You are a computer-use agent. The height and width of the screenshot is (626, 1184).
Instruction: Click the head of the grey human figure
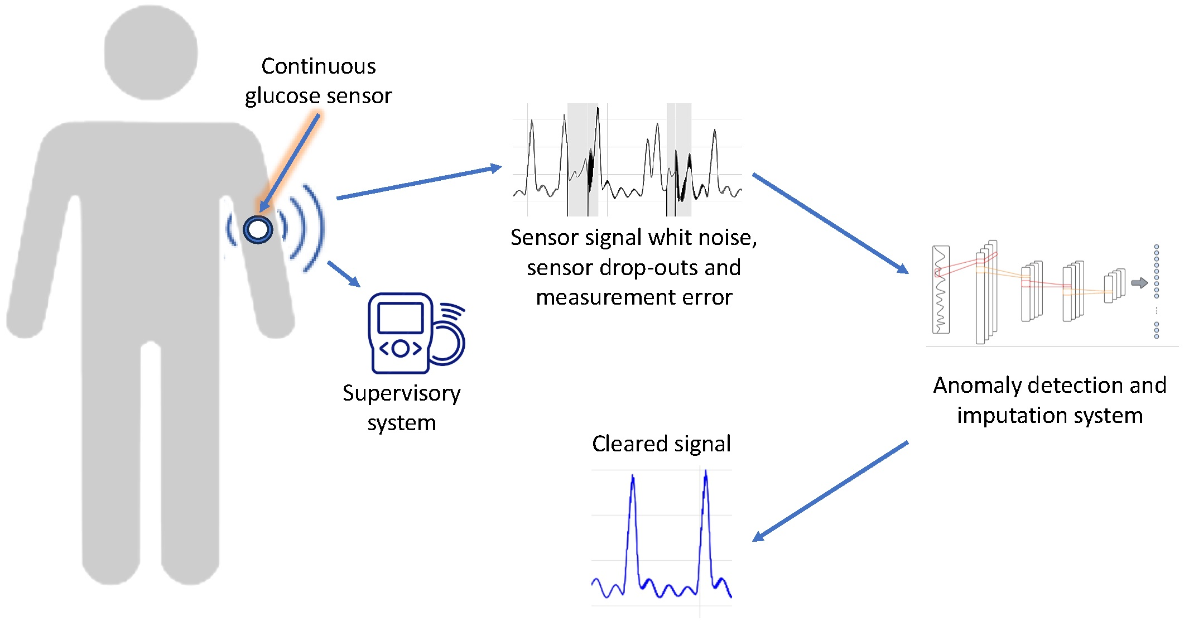[151, 53]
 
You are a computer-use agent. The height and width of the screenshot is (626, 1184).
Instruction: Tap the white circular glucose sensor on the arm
[258, 229]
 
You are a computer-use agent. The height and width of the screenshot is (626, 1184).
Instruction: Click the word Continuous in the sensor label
[319, 66]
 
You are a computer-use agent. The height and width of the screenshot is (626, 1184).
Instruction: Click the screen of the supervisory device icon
[400, 317]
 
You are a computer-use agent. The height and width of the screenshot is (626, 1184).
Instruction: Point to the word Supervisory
[401, 393]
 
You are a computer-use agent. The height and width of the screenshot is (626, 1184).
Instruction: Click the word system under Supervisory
[401, 423]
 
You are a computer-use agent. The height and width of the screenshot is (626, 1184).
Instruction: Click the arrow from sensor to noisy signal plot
[418, 182]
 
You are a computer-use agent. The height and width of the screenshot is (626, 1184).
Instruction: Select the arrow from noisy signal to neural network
[830, 223]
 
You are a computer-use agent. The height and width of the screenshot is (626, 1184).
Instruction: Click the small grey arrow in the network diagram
[1139, 283]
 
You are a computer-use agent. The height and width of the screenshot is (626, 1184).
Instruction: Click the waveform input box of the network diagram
[941, 290]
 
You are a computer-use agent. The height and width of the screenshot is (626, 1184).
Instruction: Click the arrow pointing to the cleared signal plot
[830, 491]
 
